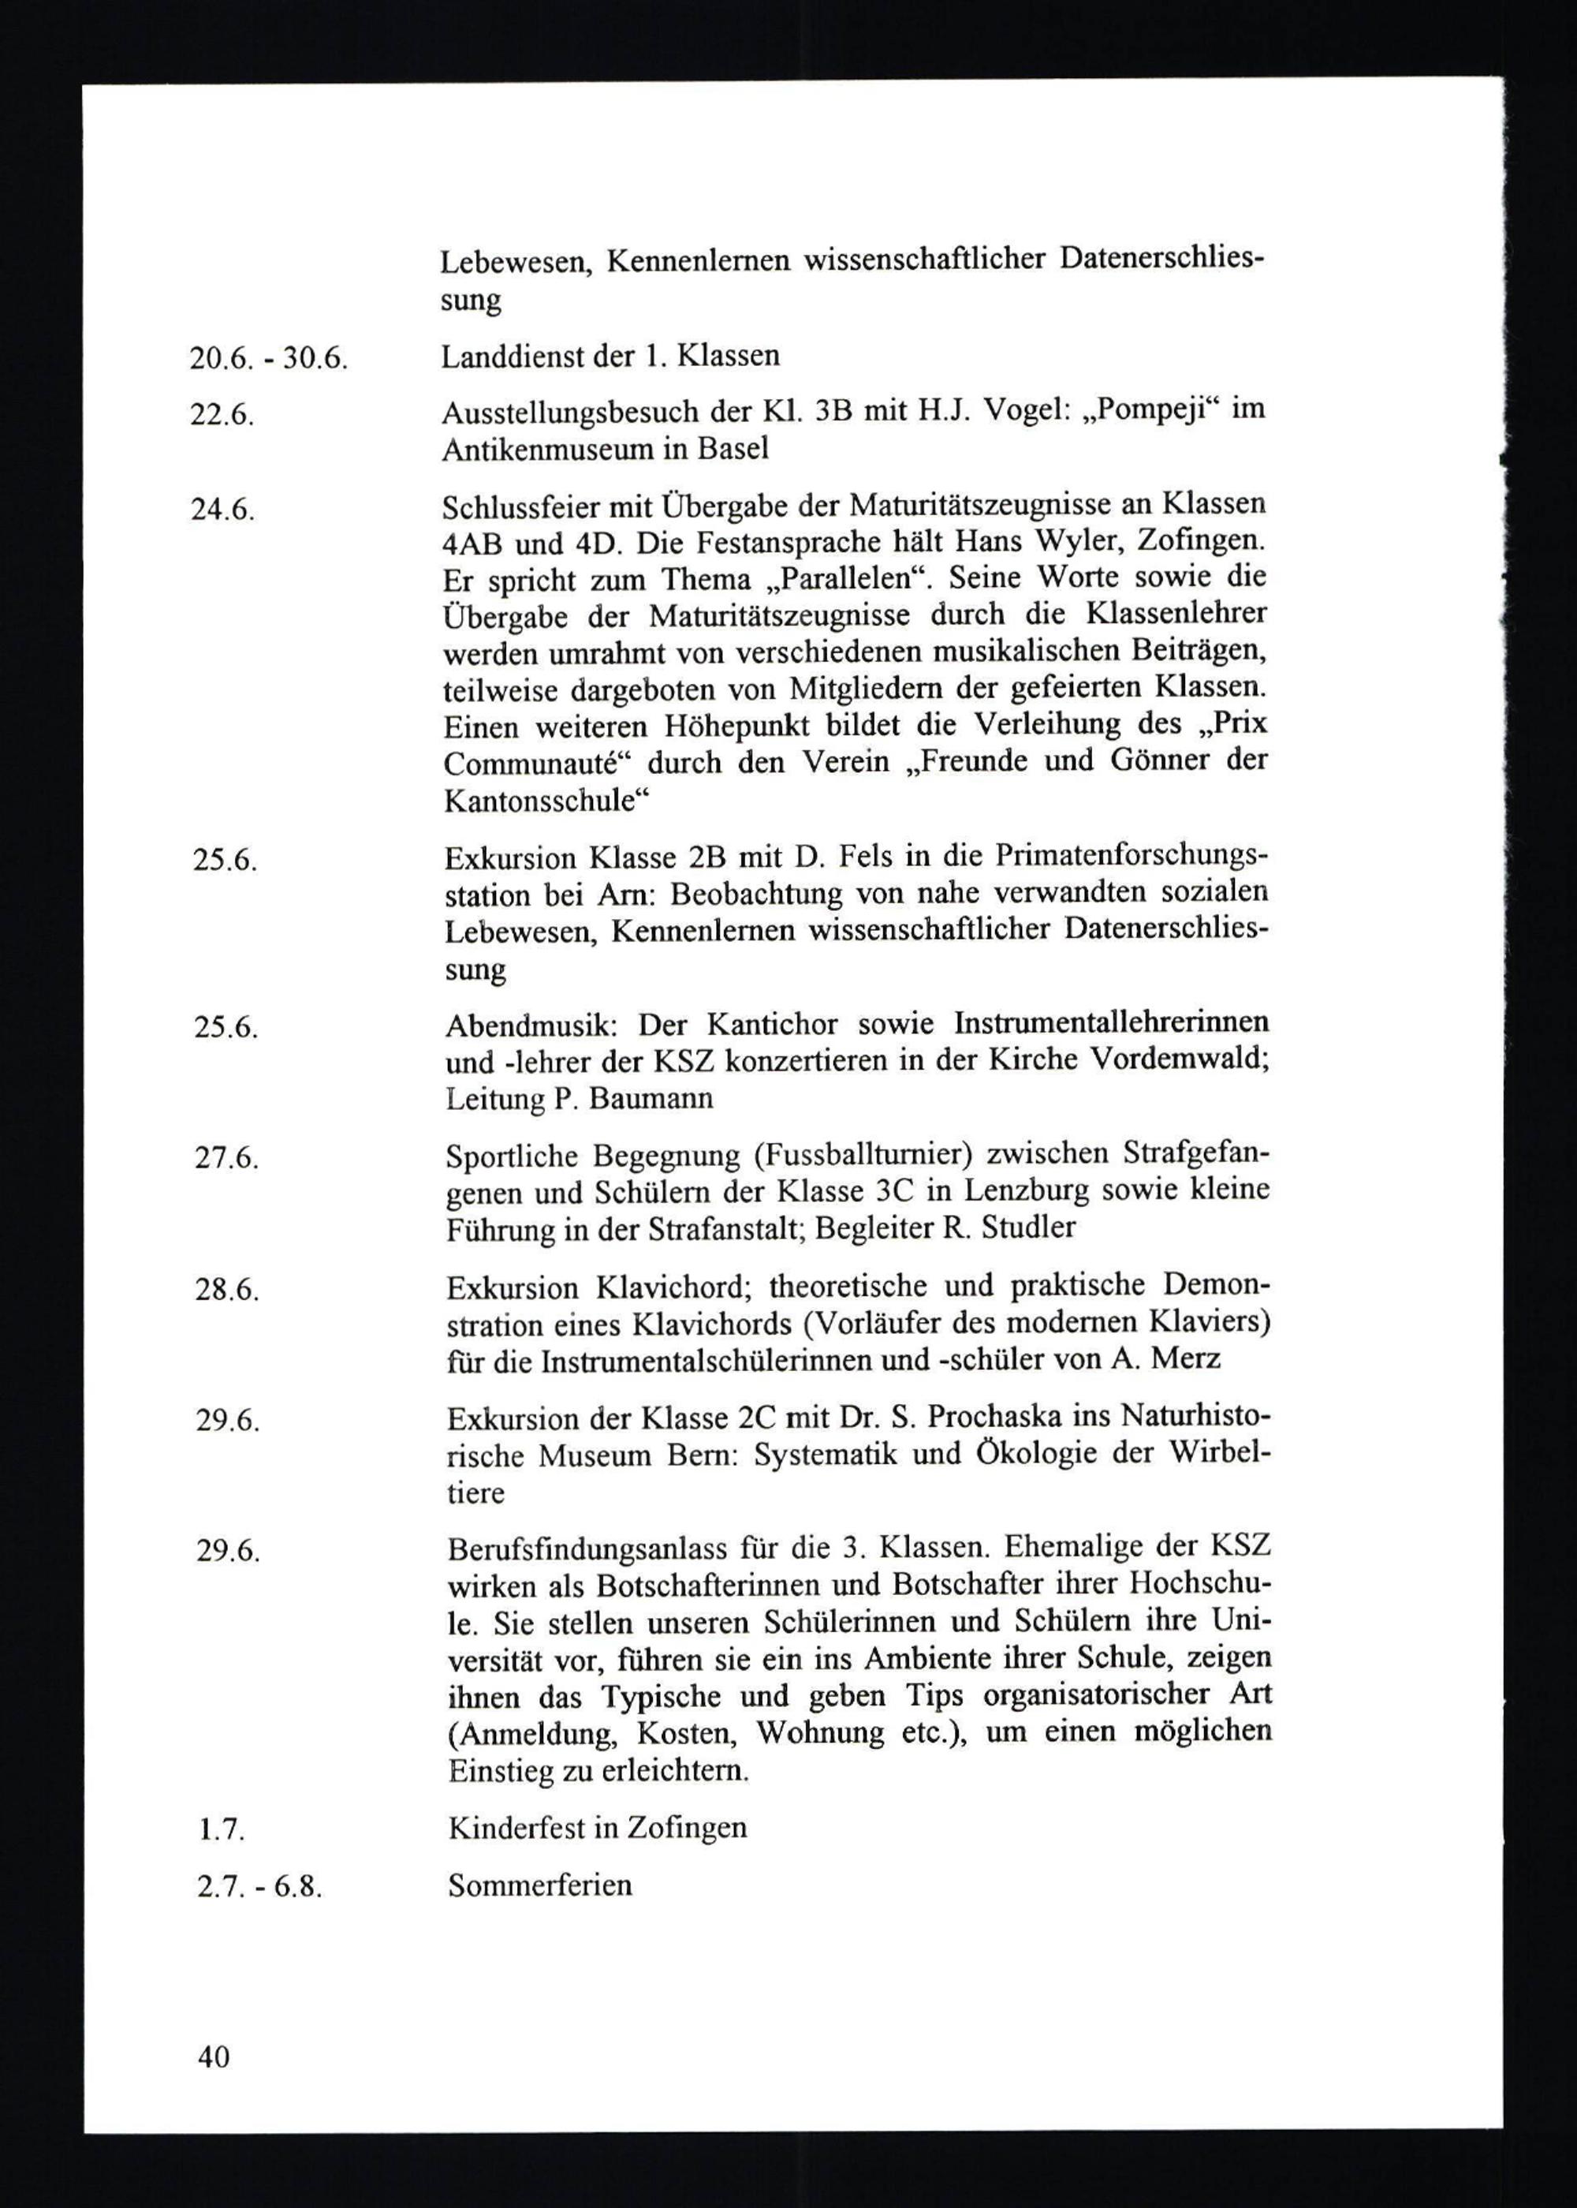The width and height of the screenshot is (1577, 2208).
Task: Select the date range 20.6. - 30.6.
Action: click(x=269, y=358)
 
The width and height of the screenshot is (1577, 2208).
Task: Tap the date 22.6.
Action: click(x=222, y=415)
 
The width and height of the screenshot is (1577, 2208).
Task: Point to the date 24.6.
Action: click(x=222, y=510)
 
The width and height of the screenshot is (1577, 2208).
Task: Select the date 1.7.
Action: click(x=218, y=1830)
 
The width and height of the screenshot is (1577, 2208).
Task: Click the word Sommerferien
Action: click(x=540, y=1885)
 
